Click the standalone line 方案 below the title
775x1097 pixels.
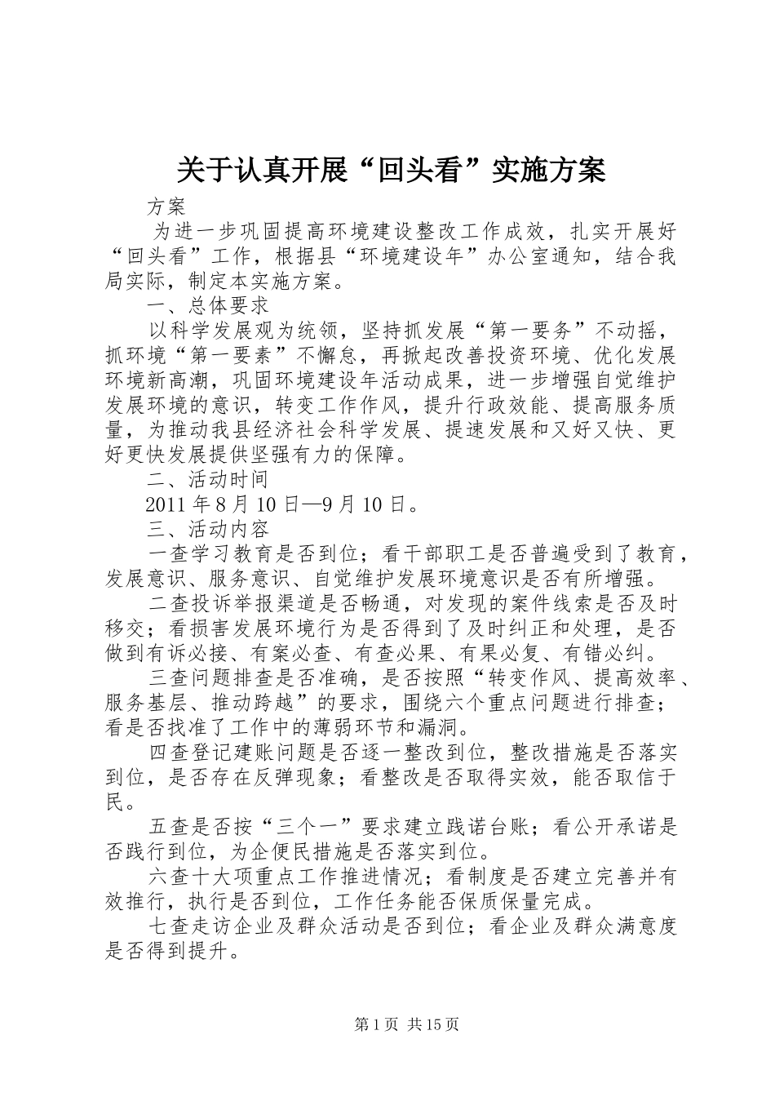tap(166, 207)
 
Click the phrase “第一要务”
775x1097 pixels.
tap(528, 331)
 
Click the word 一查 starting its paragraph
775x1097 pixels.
tap(170, 554)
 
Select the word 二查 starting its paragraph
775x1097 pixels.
tap(170, 604)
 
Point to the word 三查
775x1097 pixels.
tap(170, 678)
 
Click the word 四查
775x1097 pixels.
tap(170, 753)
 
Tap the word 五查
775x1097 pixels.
tap(170, 827)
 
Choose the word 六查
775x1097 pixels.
tap(170, 877)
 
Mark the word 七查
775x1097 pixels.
tap(170, 926)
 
